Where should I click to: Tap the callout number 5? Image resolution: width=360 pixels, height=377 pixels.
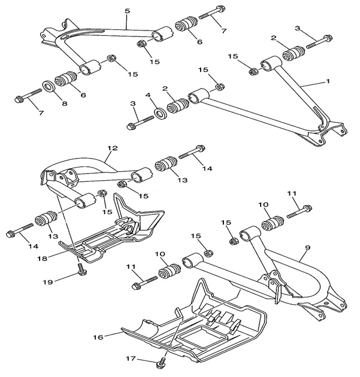coord(127,10)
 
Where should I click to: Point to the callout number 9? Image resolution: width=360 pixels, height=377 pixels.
coord(306,247)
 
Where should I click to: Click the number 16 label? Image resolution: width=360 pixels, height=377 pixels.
coord(98,338)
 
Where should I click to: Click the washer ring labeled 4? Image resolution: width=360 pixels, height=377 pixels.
coord(161,113)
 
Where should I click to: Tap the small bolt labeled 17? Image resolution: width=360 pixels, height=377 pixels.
coord(162,361)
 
